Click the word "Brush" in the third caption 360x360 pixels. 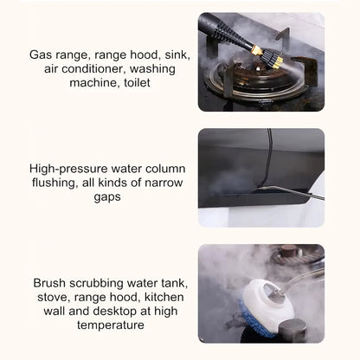[51, 283]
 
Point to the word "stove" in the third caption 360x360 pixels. [48, 298]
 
